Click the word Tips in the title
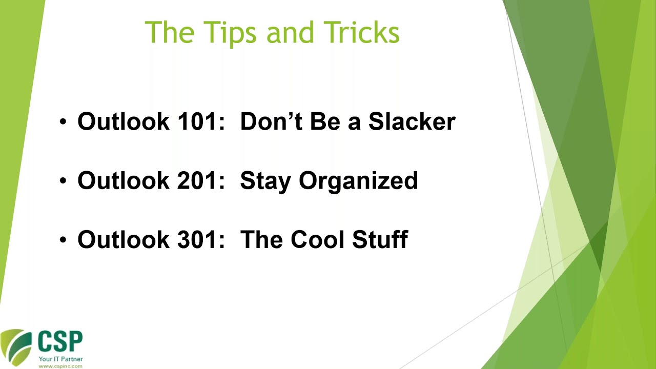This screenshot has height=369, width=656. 231,32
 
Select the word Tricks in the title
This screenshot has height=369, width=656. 361,32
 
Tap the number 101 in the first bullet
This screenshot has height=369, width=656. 201,121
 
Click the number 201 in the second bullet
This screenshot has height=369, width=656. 201,180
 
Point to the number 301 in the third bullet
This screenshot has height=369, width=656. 201,239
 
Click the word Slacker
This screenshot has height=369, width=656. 412,121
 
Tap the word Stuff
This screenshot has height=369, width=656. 380,239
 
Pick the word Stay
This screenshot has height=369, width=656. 265,182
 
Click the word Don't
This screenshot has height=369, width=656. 271,121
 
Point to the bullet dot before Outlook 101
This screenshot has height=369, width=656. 63,121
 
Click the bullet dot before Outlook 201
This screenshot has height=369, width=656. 63,181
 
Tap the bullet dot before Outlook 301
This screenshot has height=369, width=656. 63,240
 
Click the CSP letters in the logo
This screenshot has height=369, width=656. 60,341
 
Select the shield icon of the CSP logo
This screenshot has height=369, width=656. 16,347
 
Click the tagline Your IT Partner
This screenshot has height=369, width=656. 60,359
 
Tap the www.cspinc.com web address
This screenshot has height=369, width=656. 60,366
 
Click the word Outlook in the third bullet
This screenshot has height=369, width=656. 124,239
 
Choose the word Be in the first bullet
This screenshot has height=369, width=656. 325,121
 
